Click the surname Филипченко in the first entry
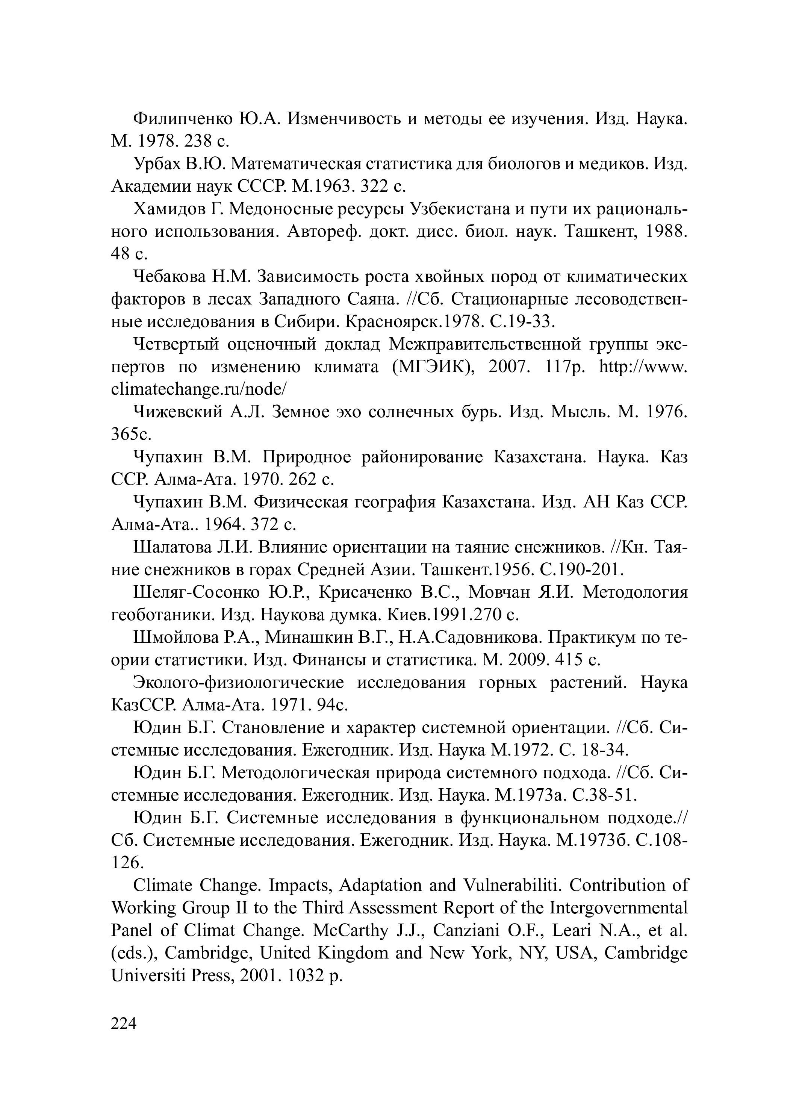tap(183, 119)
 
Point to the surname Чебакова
tap(170, 277)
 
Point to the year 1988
tap(666, 232)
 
